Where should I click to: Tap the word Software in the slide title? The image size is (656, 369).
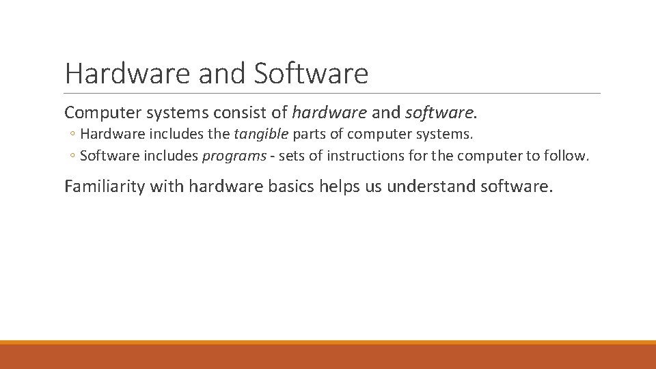point(311,74)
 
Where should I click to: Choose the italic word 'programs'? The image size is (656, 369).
point(234,156)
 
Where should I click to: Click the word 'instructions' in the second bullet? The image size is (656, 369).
point(363,156)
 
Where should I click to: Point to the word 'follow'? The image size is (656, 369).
point(566,156)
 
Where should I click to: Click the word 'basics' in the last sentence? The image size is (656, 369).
point(290,186)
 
